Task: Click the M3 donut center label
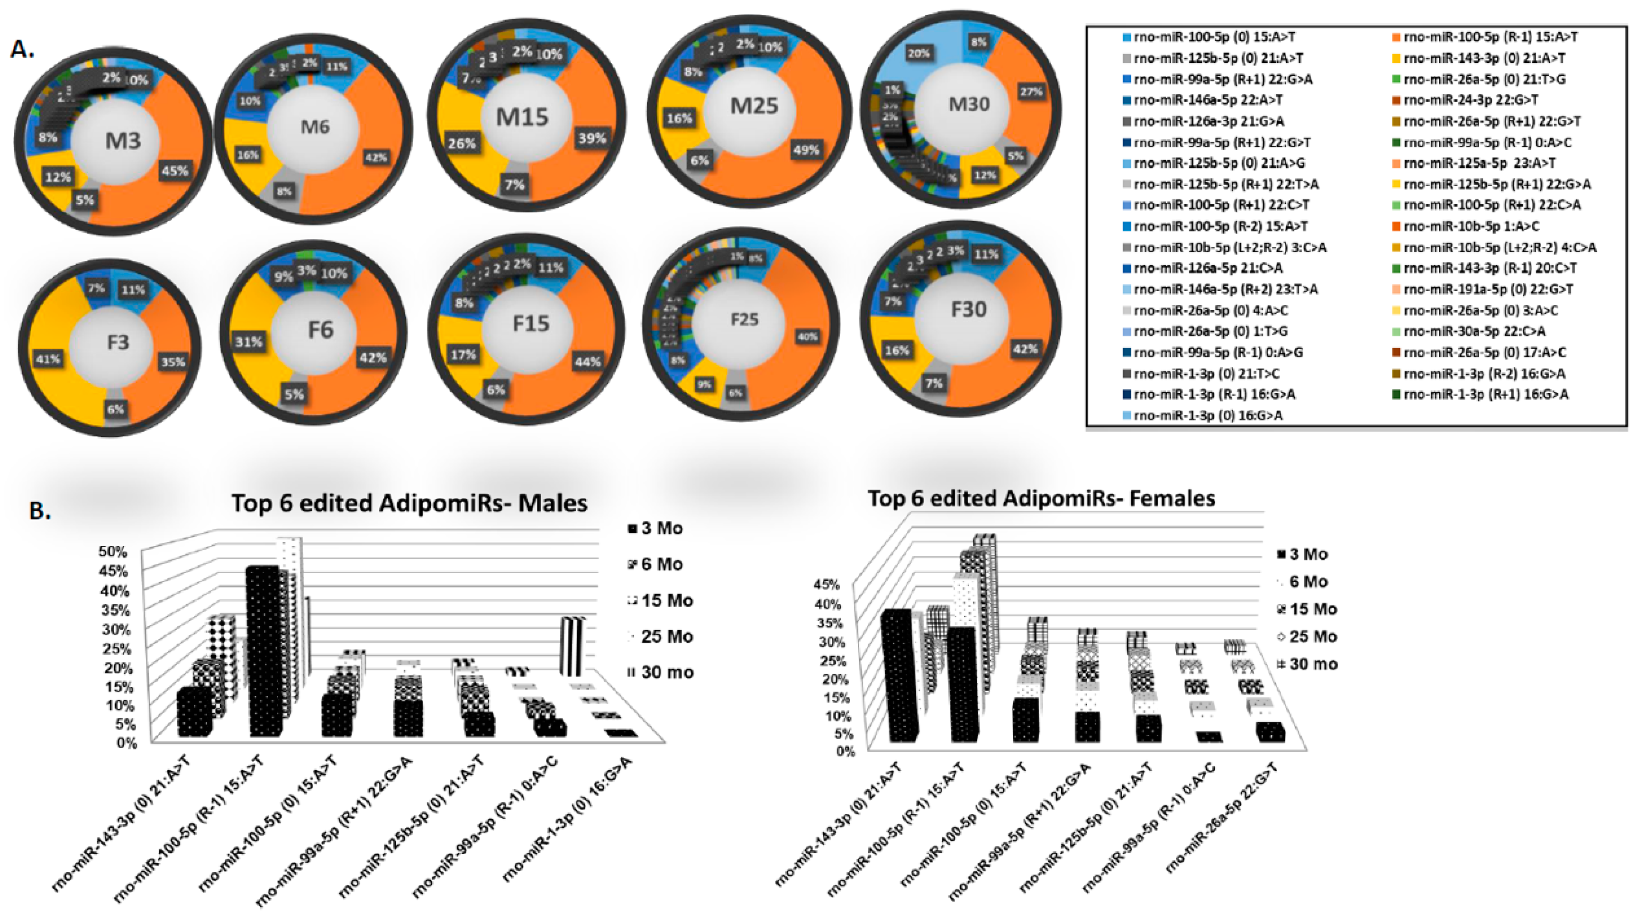point(123,140)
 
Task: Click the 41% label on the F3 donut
point(48,360)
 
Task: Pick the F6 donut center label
point(321,330)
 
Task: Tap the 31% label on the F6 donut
point(248,342)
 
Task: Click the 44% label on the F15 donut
point(588,361)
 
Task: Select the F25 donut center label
point(745,319)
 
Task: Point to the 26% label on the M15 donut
point(462,143)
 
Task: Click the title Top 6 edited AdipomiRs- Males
point(409,503)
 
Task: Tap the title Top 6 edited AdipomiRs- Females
point(1042,498)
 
